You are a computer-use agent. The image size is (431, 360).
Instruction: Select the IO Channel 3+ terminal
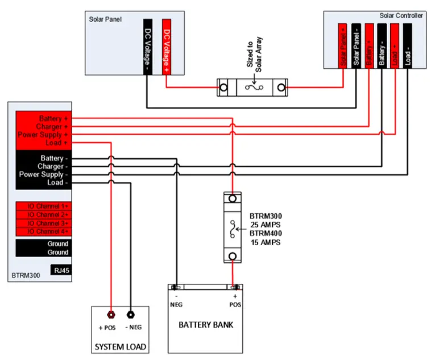click(x=43, y=223)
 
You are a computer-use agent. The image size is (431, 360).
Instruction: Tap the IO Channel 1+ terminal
click(x=43, y=206)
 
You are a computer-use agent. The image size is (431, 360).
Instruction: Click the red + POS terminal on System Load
click(x=111, y=314)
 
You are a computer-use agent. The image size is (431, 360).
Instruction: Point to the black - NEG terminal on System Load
click(x=130, y=314)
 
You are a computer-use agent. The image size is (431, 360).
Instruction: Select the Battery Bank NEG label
click(x=177, y=305)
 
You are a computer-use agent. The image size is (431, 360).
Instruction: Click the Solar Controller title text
click(x=401, y=15)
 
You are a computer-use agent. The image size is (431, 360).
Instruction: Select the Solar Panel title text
click(x=105, y=18)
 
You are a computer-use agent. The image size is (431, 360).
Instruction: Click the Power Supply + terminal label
click(x=44, y=135)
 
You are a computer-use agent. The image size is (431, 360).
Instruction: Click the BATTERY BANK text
click(x=206, y=325)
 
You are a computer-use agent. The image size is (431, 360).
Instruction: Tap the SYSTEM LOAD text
click(x=120, y=346)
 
